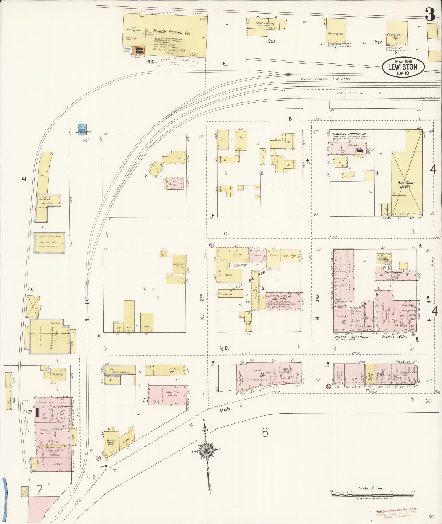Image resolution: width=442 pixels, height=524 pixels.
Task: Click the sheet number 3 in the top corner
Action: [430, 15]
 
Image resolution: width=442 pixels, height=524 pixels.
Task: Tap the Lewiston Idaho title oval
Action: [403, 67]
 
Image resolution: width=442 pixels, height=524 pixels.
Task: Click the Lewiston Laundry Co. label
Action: [347, 134]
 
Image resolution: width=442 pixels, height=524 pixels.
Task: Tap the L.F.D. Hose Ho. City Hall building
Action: [284, 301]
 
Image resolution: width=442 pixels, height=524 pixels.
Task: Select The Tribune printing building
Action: [396, 275]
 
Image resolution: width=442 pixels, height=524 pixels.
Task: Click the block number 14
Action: [144, 289]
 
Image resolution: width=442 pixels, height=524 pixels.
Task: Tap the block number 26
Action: [145, 400]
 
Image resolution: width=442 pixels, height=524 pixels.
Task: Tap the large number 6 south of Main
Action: [265, 432]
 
